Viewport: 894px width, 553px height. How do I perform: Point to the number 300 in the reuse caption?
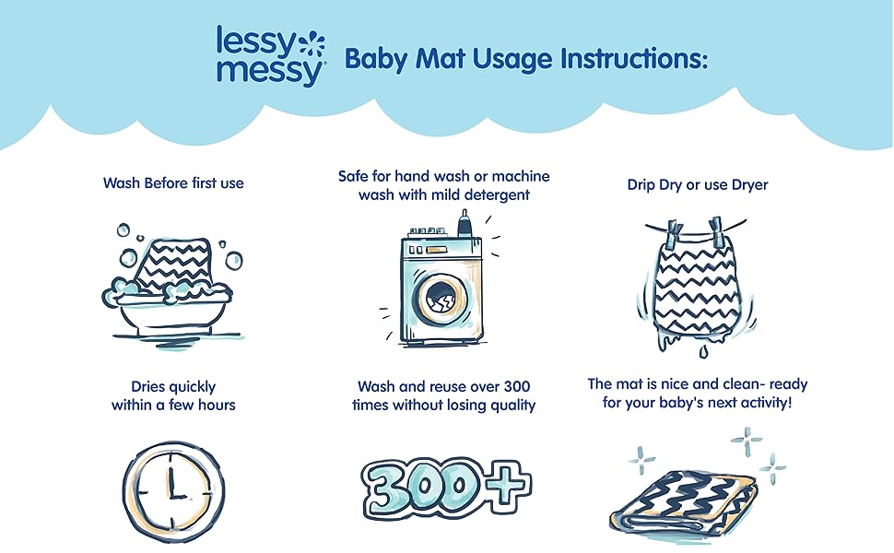(517, 385)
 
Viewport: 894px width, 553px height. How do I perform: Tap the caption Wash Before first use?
(173, 182)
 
